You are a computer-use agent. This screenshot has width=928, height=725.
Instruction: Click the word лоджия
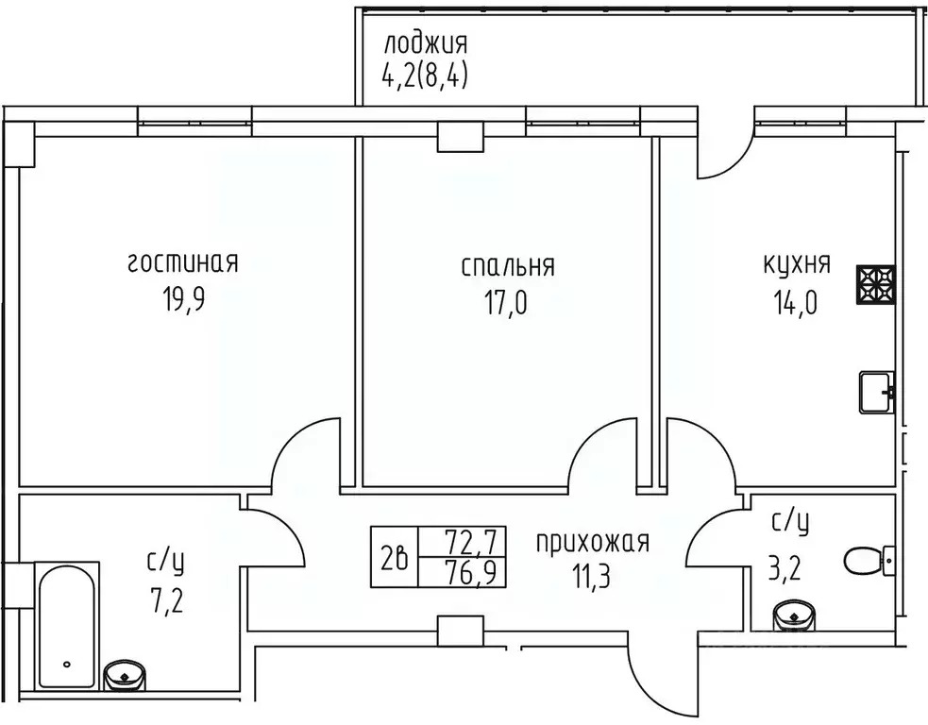tap(425, 44)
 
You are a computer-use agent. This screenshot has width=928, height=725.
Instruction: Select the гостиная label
tap(183, 263)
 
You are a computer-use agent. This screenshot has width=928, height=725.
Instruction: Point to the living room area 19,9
tap(183, 302)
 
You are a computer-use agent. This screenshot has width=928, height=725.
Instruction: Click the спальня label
tap(508, 266)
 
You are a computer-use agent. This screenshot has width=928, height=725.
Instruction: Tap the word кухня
tap(797, 263)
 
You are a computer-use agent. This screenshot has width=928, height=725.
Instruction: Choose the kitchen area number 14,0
tap(797, 303)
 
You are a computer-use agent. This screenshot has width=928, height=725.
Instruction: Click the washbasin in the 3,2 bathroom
tap(794, 618)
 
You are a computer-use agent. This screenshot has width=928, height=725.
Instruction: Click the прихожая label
tap(593, 542)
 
